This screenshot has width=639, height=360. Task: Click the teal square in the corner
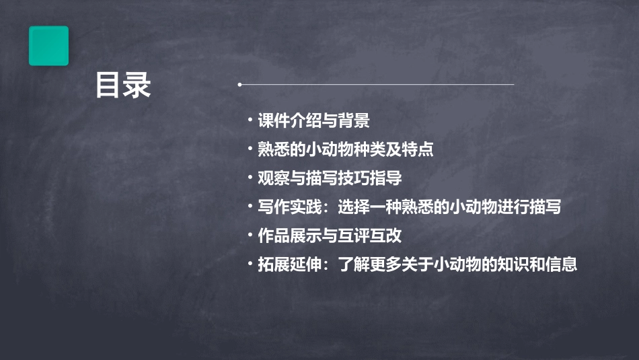click(48, 46)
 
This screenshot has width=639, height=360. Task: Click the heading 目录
click(122, 85)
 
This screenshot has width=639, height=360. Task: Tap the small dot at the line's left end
click(239, 85)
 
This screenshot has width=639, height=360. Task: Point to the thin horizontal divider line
click(377, 85)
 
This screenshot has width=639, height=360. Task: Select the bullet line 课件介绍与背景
click(313, 121)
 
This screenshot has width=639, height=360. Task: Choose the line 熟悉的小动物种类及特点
click(345, 149)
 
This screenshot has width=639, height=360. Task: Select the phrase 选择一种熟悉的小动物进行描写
click(450, 207)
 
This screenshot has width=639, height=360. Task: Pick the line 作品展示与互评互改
click(330, 236)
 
